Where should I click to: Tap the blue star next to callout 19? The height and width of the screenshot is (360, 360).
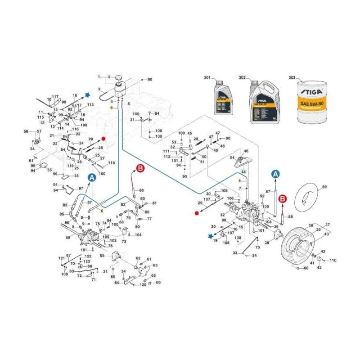click(210, 235)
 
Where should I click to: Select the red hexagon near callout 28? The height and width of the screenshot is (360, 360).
click(103, 139)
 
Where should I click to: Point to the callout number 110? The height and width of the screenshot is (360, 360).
click(333, 261)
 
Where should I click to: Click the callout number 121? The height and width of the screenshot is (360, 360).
click(62, 258)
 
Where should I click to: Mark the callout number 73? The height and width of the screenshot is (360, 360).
click(124, 242)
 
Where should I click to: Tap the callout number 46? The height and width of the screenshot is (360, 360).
click(246, 151)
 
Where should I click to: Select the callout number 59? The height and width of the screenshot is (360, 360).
click(102, 256)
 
